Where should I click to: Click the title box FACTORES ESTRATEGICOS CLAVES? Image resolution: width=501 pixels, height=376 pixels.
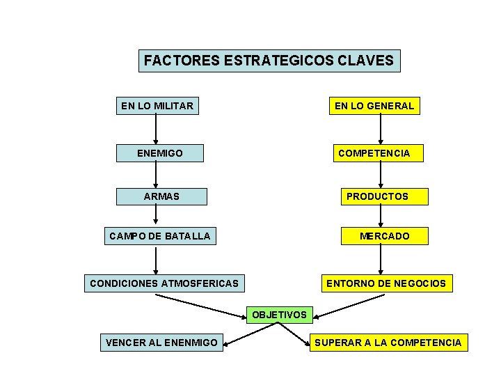(x=269, y=61)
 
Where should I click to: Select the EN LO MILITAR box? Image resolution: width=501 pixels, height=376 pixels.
(x=157, y=106)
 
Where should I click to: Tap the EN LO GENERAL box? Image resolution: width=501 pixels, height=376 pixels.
(x=374, y=106)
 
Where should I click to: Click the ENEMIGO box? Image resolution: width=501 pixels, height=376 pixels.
(x=160, y=152)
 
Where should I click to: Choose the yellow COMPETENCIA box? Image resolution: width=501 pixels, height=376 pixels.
(x=374, y=152)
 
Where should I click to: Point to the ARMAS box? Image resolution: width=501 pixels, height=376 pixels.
(x=161, y=196)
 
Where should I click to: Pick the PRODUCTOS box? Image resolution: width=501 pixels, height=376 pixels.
(x=377, y=196)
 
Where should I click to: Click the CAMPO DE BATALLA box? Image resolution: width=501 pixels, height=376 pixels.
(x=159, y=236)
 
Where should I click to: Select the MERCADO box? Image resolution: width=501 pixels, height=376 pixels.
(x=384, y=236)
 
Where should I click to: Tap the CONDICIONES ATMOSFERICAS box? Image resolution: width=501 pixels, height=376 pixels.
(x=164, y=283)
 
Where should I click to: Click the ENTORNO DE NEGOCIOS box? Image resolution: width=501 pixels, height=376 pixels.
(x=386, y=283)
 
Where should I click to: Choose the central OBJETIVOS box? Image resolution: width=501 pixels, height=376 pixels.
(x=279, y=315)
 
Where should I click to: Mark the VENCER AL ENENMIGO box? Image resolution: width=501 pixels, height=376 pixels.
(x=161, y=342)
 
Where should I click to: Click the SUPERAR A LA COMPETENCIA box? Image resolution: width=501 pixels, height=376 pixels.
(x=388, y=342)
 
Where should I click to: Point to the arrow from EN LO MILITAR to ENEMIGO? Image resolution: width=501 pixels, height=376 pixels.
(x=156, y=130)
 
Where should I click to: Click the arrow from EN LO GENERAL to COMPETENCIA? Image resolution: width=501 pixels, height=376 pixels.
(x=381, y=130)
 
